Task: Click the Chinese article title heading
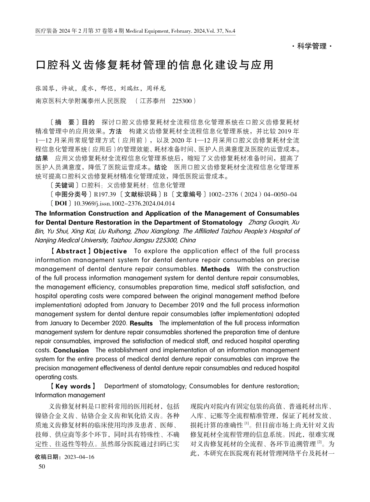coord(155,65)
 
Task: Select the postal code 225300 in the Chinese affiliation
coord(182,101)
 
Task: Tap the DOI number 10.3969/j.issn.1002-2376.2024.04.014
coord(124,204)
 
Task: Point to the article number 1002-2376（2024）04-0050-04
coord(253,195)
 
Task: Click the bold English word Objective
coord(110,251)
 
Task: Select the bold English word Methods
coord(215,269)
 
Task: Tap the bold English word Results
coord(141,323)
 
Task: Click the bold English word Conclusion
coord(71,350)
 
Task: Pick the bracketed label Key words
coord(73,386)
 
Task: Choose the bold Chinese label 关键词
coord(64,186)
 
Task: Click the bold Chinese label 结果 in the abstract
coord(42,159)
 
